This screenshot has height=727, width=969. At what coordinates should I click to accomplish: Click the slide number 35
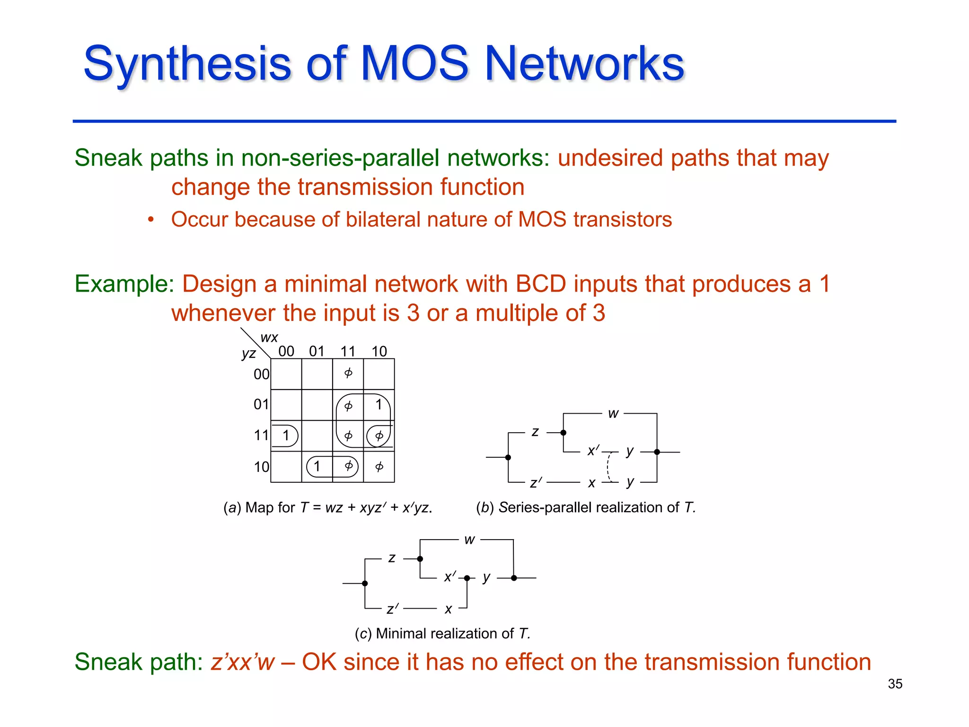click(x=895, y=684)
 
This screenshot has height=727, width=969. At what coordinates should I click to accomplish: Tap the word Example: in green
click(x=124, y=284)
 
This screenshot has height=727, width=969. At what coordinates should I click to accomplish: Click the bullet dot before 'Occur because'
click(x=150, y=220)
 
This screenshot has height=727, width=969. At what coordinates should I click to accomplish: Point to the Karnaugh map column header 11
click(x=348, y=351)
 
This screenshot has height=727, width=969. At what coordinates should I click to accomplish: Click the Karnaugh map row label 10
click(x=261, y=467)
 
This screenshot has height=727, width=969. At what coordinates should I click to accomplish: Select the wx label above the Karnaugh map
click(x=269, y=337)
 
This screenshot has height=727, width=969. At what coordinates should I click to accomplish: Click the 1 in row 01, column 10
click(x=379, y=405)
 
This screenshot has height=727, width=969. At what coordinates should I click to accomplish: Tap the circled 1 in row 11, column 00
click(x=286, y=435)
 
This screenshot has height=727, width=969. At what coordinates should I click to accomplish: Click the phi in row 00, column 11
click(x=348, y=373)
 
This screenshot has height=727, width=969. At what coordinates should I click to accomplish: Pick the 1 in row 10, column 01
click(x=317, y=467)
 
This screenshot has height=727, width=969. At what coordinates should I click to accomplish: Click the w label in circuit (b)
click(x=613, y=414)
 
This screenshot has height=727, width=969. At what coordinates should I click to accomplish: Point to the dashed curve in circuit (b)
click(x=608, y=467)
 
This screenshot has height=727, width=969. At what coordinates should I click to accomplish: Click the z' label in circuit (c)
click(x=392, y=609)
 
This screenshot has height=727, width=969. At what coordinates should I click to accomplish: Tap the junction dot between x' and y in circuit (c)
click(x=467, y=578)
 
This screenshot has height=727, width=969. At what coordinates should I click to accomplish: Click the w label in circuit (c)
click(x=469, y=540)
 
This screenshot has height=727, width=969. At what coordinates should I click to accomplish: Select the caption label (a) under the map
click(x=232, y=508)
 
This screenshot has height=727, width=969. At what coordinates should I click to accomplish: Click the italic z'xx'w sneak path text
click(x=242, y=662)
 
